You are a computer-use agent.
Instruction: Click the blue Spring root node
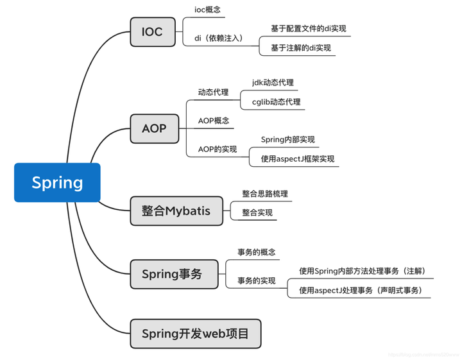point(57,182)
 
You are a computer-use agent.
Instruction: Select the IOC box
point(152,31)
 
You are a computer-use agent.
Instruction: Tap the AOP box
point(153,128)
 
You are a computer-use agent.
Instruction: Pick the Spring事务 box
point(174,274)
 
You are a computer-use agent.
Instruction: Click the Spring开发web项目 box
point(195,334)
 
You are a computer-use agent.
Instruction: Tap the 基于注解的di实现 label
point(300,47)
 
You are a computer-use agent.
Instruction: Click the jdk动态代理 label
point(273,83)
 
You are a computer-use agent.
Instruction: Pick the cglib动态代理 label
point(276,102)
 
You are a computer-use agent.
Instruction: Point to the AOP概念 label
point(214,121)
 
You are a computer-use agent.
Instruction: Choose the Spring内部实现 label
point(287,139)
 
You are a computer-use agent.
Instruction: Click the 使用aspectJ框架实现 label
point(297,159)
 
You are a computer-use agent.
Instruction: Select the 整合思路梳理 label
point(264,193)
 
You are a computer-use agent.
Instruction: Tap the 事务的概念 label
point(256,252)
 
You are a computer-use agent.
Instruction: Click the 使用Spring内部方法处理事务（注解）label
point(363,271)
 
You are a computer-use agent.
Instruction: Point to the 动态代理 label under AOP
point(213,92)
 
